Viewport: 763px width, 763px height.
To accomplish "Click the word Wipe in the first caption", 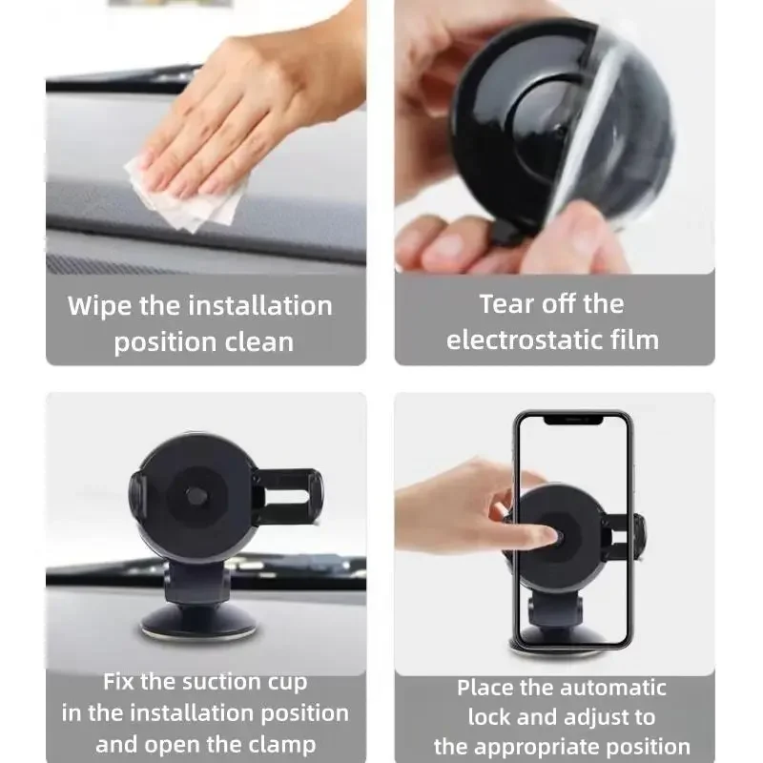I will click(99, 306).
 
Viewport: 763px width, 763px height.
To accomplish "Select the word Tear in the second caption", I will click(507, 304).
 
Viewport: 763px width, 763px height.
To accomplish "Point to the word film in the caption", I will click(634, 340).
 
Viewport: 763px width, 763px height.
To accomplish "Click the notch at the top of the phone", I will click(572, 419).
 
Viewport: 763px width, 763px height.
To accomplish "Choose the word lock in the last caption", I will click(486, 717).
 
